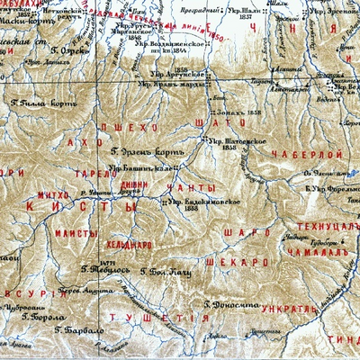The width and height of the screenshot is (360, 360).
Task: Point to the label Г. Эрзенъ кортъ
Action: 141,149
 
